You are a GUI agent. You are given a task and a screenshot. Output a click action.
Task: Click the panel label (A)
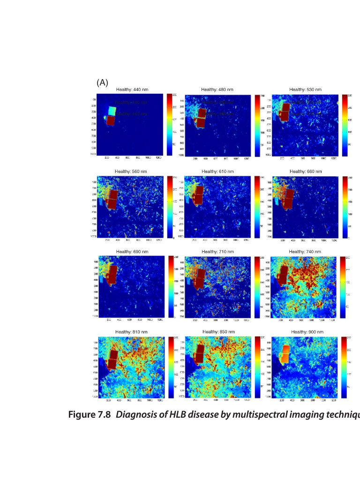tap(102, 83)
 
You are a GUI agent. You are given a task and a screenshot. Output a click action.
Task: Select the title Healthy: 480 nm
tap(217, 90)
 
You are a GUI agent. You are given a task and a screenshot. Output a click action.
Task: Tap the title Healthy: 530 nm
tap(305, 90)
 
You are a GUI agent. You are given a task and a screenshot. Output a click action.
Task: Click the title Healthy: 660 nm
tap(306, 172)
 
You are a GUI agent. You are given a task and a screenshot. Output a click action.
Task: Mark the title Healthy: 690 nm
tap(132, 252)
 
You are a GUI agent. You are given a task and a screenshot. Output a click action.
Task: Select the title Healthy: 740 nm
tap(306, 252)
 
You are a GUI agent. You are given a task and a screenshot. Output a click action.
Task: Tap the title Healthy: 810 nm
tap(132, 332)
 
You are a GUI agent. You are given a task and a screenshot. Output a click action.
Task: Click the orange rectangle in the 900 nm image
tap(285, 354)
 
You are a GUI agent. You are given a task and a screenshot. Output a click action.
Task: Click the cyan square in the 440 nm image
tap(112, 111)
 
